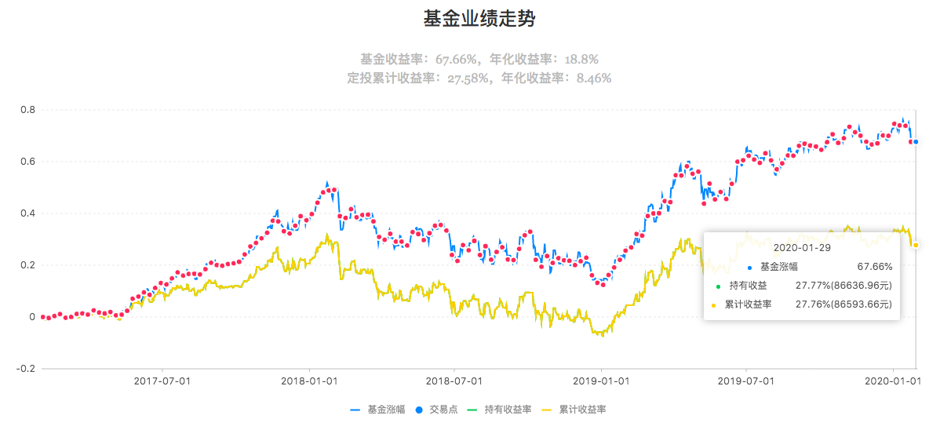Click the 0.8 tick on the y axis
pos(27,110)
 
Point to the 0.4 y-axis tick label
pos(27,213)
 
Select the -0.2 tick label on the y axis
pos(26,369)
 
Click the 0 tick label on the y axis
pos(32,317)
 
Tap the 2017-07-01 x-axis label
pos(162,381)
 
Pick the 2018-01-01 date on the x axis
pos(309,381)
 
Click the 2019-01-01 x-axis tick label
pos(602,381)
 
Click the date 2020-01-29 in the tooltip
pos(802,246)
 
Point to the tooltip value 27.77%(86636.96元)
pos(843,285)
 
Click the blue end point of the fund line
pos(916,142)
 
